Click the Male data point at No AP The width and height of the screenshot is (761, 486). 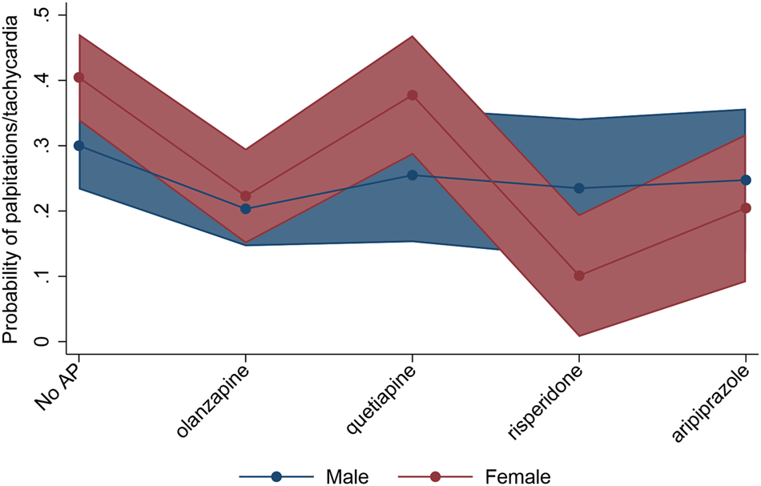79,146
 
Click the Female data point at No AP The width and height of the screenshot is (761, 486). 79,78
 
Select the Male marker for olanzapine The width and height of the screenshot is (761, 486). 246,209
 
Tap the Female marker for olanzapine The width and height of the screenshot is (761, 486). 246,196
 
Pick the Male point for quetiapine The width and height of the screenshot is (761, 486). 413,175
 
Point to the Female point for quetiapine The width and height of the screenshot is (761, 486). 413,95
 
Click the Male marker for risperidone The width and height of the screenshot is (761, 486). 579,188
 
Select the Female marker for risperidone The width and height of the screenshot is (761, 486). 579,275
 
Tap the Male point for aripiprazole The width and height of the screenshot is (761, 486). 746,180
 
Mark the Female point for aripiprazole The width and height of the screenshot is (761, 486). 746,208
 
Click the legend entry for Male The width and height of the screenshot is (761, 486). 347,477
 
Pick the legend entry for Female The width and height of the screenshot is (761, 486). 517,477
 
